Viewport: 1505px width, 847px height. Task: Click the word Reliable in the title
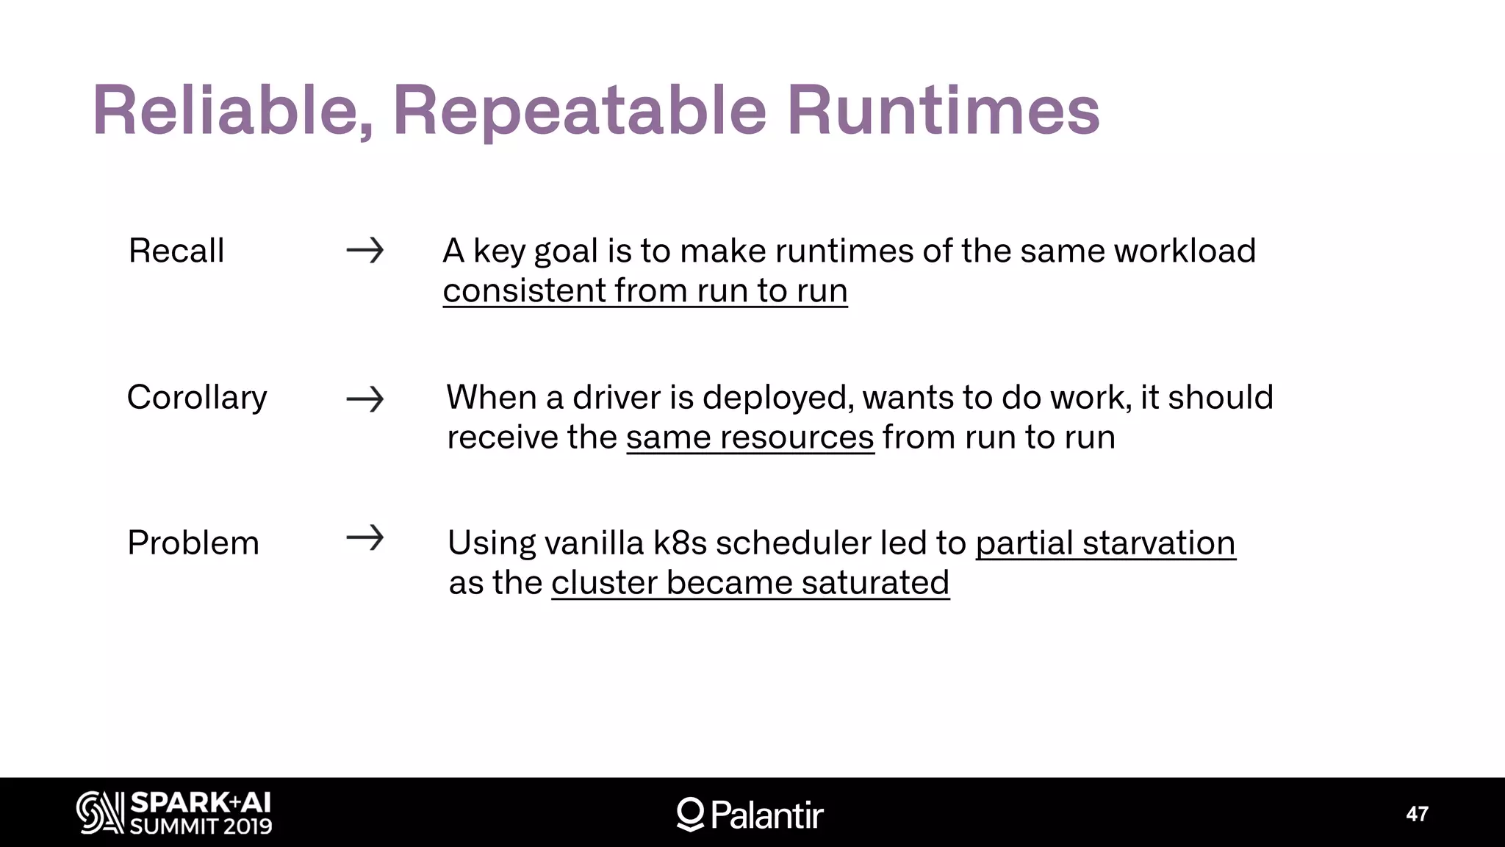tap(232, 111)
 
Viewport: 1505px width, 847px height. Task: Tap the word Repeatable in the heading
tap(580, 111)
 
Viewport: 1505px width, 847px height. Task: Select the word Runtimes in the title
tap(943, 111)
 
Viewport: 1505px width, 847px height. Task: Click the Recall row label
tap(176, 251)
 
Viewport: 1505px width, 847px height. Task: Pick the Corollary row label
tap(197, 398)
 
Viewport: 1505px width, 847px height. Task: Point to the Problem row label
tap(193, 543)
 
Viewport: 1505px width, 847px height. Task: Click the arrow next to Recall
tap(365, 251)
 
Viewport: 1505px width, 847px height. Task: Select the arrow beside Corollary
tap(365, 399)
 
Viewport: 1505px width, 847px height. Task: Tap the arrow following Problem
tap(365, 537)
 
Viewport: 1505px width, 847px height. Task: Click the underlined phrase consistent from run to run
tap(645, 290)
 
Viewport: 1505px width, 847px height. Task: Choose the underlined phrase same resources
tap(750, 437)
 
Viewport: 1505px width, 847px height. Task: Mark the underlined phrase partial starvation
tap(1105, 543)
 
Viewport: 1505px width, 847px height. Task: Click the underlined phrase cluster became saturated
tap(750, 583)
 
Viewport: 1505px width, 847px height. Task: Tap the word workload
tap(1185, 251)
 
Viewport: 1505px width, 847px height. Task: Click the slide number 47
tap(1417, 814)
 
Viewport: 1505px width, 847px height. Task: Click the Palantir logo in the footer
tap(750, 814)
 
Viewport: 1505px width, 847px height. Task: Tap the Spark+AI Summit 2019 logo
tap(174, 813)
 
